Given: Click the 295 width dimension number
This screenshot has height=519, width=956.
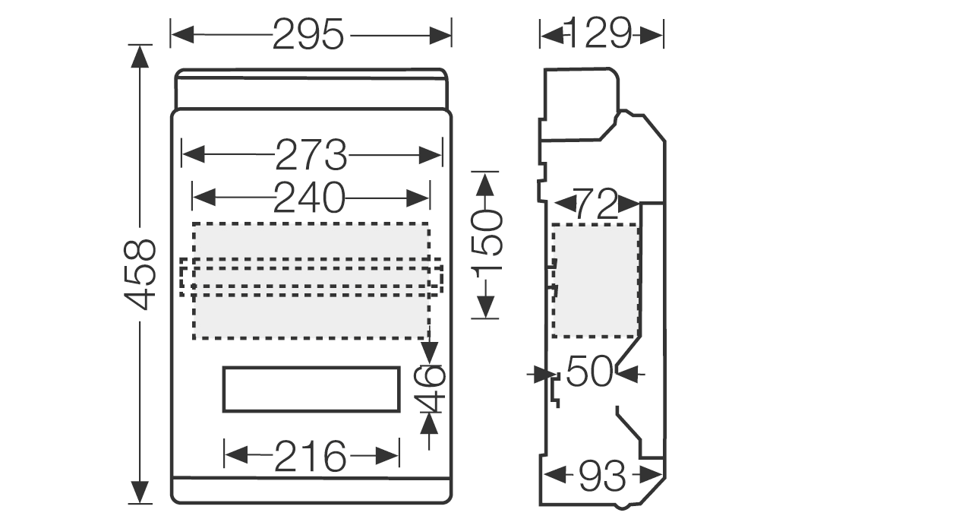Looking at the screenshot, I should tap(308, 34).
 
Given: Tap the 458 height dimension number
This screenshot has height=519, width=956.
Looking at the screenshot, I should tap(140, 274).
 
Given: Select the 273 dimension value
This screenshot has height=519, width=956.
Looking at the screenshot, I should tap(311, 156).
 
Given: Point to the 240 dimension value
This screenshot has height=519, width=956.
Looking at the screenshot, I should tap(309, 198).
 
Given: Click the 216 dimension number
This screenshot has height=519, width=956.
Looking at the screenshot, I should tap(310, 456).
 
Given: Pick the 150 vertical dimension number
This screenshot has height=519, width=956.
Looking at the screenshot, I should tap(487, 243).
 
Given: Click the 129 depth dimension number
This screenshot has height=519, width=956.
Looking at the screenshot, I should tap(600, 33).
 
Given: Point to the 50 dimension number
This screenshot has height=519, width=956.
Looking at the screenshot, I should tap(589, 372).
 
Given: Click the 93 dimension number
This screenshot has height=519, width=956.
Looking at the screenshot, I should tap(602, 476).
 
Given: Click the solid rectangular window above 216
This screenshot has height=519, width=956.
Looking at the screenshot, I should tap(311, 389).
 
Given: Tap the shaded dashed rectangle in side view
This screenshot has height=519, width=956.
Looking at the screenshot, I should tap(595, 280).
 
